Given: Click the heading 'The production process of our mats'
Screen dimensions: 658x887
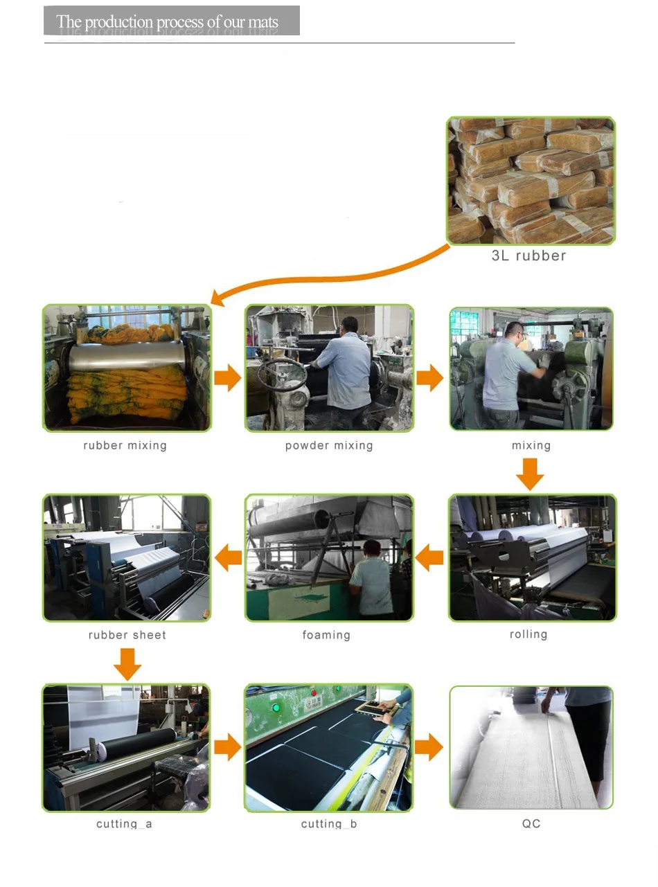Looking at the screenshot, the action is pyautogui.click(x=167, y=21).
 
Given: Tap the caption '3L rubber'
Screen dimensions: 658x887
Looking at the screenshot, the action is pyautogui.click(x=528, y=256).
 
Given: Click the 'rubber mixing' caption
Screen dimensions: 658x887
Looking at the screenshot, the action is pyautogui.click(x=125, y=445).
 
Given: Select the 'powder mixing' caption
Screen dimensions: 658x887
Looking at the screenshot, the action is pyautogui.click(x=329, y=445).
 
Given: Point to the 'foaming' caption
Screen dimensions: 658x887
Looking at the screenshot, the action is pyautogui.click(x=326, y=635).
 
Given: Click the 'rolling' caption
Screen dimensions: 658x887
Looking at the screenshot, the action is pyautogui.click(x=528, y=634).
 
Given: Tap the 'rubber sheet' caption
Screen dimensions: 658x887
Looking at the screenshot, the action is pyautogui.click(x=127, y=635).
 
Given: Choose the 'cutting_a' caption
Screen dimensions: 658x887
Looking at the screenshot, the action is pyautogui.click(x=124, y=824).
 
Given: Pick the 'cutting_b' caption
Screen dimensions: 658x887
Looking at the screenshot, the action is pyautogui.click(x=329, y=824).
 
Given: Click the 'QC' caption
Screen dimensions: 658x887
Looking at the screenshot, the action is pyautogui.click(x=531, y=823).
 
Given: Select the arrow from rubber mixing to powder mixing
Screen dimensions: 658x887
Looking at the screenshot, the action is pyautogui.click(x=228, y=377).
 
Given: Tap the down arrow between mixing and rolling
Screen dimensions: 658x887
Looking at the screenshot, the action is pyautogui.click(x=530, y=474).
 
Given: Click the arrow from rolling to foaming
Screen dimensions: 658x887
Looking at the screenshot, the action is pyautogui.click(x=429, y=557).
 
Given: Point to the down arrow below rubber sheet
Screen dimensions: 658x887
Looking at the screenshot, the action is pyautogui.click(x=127, y=665).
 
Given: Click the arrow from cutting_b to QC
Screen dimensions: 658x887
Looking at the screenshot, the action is pyautogui.click(x=429, y=746).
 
